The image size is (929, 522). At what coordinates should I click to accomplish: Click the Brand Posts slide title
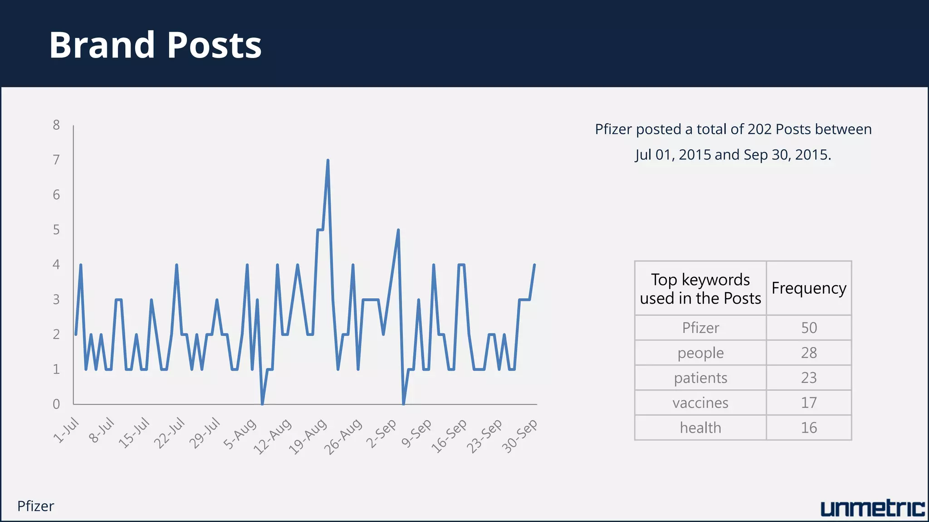coord(155,45)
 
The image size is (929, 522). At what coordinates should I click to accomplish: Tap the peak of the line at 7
coord(328,160)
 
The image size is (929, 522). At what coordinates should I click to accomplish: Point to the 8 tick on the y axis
coord(56,125)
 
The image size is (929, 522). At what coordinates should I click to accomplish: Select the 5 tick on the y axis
coord(56,230)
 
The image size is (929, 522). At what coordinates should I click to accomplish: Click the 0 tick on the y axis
coord(56,404)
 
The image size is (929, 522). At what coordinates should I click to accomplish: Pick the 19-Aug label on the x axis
coord(308,436)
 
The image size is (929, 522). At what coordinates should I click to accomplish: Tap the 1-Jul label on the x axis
coord(66,430)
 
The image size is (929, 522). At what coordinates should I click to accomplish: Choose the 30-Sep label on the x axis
coord(520,435)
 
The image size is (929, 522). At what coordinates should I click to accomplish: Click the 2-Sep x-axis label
coord(381,433)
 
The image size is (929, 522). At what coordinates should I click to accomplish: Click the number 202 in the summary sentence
coord(760,130)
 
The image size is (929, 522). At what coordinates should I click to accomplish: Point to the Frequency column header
coord(809,288)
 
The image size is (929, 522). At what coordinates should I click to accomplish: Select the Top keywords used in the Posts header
coord(700,289)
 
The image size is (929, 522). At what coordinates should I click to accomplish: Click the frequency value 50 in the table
coord(809,328)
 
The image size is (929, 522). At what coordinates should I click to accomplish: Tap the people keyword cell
coord(700,353)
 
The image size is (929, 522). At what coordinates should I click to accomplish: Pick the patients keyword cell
coord(700,378)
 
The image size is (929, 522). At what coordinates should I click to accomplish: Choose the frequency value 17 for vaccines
coord(809,403)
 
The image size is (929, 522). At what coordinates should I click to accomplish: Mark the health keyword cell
coord(700,428)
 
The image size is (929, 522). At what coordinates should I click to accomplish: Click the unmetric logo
coord(872,508)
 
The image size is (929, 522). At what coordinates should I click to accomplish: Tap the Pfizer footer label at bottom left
coord(35,506)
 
